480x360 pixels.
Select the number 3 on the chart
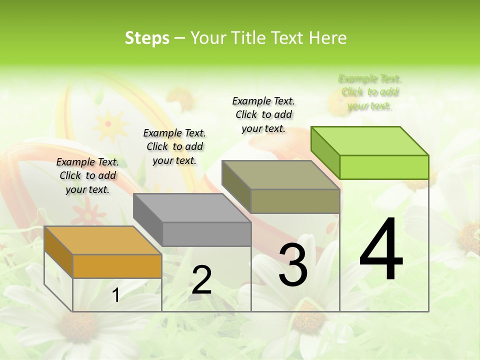click(292, 264)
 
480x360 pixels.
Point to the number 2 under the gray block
click(201, 280)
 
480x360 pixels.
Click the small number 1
click(116, 295)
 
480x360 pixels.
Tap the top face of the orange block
click(102, 240)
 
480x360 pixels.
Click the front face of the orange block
click(117, 266)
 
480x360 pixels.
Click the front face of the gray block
click(206, 234)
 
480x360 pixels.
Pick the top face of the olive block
click(280, 175)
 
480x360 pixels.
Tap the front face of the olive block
click(295, 201)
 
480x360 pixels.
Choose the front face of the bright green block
click(384, 167)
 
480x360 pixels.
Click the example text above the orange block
click(87, 175)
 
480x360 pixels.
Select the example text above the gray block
click(174, 146)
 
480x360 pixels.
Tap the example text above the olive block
click(263, 114)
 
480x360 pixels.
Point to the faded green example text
click(370, 92)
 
